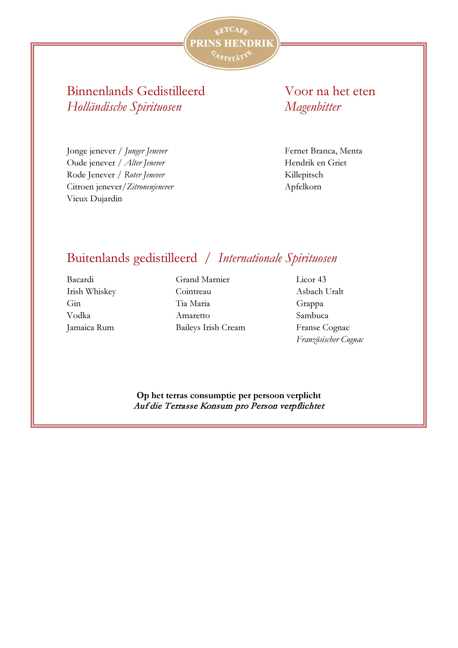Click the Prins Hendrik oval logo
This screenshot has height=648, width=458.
[231, 43]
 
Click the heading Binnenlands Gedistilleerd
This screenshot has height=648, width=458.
[136, 91]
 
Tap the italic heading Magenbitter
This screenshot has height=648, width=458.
[313, 107]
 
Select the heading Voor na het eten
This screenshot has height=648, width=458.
[330, 91]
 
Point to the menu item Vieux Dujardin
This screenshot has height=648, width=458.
[94, 199]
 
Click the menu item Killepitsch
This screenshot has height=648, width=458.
[304, 175]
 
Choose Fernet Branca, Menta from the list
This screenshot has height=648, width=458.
[323, 151]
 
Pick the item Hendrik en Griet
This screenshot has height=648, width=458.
[315, 163]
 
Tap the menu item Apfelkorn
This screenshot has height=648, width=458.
[303, 187]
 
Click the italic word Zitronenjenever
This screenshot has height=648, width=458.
[150, 187]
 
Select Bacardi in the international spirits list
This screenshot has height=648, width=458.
[80, 279]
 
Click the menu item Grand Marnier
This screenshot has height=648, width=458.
[203, 279]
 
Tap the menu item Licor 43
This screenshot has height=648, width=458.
[311, 279]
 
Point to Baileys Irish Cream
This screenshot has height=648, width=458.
[210, 327]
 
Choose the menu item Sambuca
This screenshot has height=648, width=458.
[312, 315]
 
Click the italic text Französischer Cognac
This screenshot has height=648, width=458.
[330, 339]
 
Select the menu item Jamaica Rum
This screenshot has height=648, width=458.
[90, 327]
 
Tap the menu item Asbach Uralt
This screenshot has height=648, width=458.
[320, 291]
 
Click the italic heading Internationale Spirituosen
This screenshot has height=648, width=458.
[277, 258]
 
